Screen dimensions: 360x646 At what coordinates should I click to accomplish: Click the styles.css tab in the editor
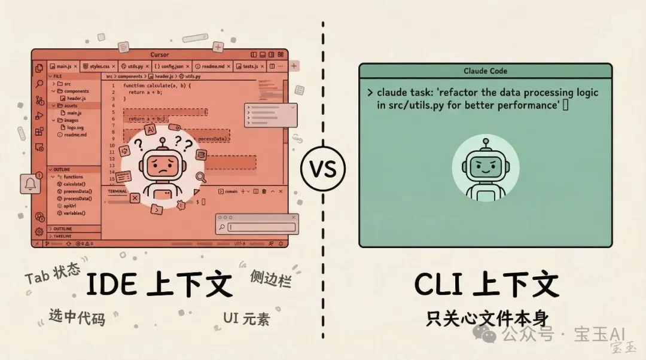coord(99,66)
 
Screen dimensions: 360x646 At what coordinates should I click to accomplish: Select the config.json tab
coord(171,66)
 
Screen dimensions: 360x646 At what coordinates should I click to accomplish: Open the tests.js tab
coord(249,66)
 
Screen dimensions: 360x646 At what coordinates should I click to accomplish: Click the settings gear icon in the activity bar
coord(39,231)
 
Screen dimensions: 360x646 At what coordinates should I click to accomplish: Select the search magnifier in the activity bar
coord(39,84)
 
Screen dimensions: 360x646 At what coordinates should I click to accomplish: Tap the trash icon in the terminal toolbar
coord(264,191)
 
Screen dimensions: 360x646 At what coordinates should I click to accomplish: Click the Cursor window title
coord(160,55)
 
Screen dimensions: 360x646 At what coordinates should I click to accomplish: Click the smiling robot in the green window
coord(485,169)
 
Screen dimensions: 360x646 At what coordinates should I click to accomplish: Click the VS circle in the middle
coord(322,170)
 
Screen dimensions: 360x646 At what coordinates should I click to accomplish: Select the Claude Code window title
coord(485,71)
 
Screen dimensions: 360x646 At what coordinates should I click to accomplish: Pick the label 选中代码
coord(77,317)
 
